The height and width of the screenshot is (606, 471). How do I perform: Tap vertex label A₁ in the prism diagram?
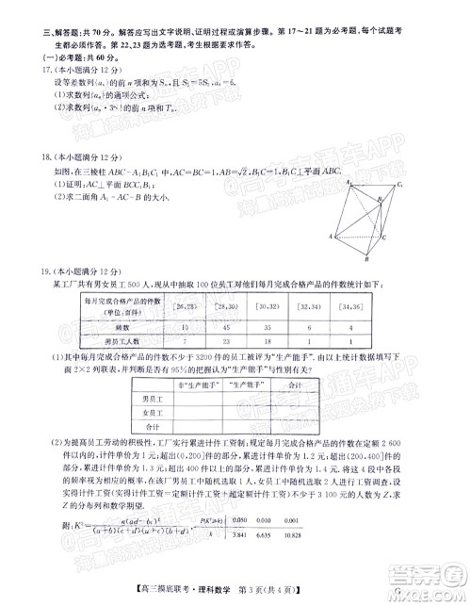pyautogui.click(x=348, y=182)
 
